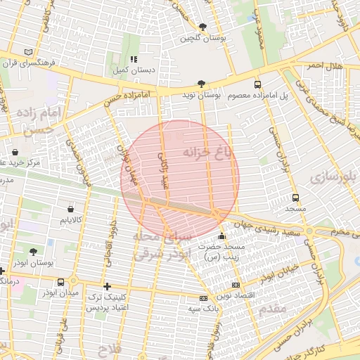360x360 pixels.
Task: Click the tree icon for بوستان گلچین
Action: pyautogui.click(x=202, y=27)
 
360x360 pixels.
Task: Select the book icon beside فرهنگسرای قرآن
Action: pyautogui.click(x=28, y=52)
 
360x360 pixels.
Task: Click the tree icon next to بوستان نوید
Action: pyautogui.click(x=202, y=83)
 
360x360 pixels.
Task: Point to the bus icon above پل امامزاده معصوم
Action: pyautogui.click(x=257, y=84)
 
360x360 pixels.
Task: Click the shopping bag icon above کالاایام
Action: pyautogui.click(x=70, y=209)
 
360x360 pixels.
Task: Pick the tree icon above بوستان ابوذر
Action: pyautogui.click(x=33, y=252)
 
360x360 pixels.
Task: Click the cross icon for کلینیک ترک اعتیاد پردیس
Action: pyautogui.click(x=106, y=286)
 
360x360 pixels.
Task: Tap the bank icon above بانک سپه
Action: pyautogui.click(x=203, y=298)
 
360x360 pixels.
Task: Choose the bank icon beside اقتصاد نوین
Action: pyautogui.click(x=235, y=285)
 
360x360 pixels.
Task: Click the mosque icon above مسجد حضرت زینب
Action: pyautogui.click(x=222, y=237)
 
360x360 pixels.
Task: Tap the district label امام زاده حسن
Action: pyautogui.click(x=42, y=121)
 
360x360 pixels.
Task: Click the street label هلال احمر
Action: pyautogui.click(x=324, y=65)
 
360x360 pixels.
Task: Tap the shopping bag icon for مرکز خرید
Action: pyautogui.click(x=15, y=152)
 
